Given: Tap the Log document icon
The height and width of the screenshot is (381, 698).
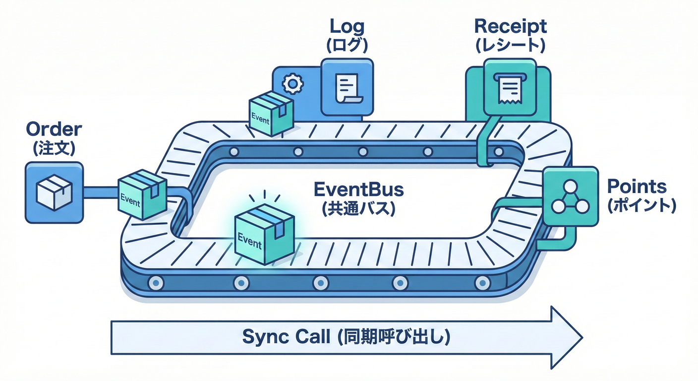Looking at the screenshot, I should pyautogui.click(x=347, y=88).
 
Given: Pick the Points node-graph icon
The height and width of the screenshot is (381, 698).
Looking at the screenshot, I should pyautogui.click(x=570, y=196).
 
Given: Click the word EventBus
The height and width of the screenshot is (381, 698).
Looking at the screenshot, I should pyautogui.click(x=359, y=190).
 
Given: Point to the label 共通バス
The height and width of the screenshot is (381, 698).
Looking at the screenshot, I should pyautogui.click(x=359, y=208).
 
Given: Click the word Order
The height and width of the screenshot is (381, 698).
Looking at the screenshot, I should pyautogui.click(x=54, y=129).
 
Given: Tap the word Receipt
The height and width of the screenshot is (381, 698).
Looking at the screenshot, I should pyautogui.click(x=511, y=26).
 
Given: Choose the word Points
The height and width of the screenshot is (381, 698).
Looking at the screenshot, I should pyautogui.click(x=637, y=187).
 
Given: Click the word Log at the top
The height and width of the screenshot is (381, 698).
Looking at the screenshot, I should pyautogui.click(x=347, y=26).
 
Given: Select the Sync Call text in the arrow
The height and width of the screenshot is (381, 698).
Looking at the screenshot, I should pyautogui.click(x=346, y=337).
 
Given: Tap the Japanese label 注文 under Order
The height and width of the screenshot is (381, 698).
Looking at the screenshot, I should pyautogui.click(x=54, y=148).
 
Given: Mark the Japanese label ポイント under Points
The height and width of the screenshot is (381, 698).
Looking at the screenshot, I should pyautogui.click(x=641, y=206).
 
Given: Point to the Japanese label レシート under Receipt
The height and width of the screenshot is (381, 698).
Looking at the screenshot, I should pyautogui.click(x=511, y=45).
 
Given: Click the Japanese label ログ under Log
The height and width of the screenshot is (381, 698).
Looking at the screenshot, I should pyautogui.click(x=347, y=45).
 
